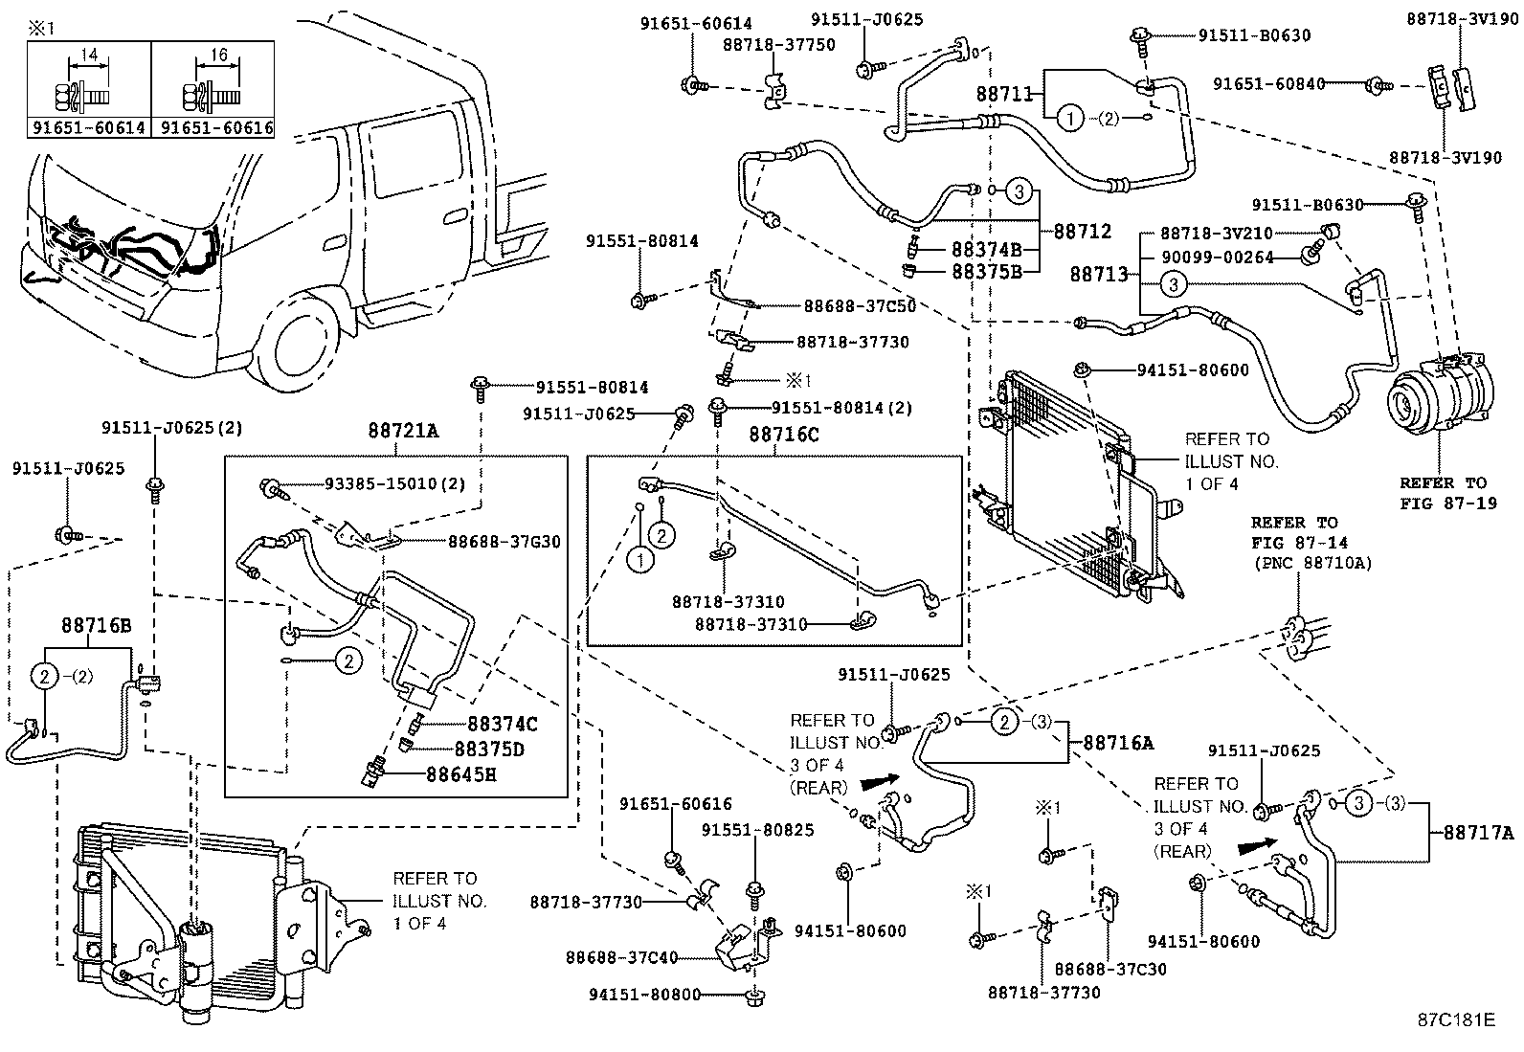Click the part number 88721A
[x=403, y=432]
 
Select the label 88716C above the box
[x=783, y=435]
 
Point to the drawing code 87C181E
[x=1456, y=1019]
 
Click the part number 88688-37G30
[x=504, y=542]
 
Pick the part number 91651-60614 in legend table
[x=89, y=127]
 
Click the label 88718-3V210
[x=1217, y=234]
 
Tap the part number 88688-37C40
[x=621, y=957]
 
